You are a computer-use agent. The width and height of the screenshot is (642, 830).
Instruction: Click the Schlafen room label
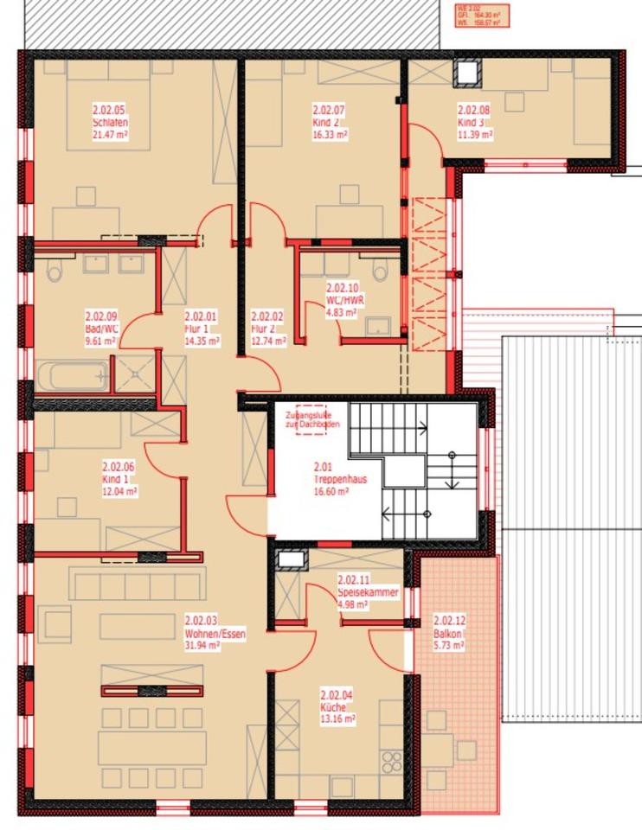[x=110, y=123]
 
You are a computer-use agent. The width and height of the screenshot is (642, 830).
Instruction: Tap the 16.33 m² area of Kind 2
[x=329, y=135]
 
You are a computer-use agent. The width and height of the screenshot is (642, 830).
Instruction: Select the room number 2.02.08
[x=473, y=110]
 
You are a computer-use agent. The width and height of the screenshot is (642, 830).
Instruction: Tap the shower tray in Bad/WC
[x=136, y=374]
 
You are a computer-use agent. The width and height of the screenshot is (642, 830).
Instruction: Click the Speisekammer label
[x=368, y=593]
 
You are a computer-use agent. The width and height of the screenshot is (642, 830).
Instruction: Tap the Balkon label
[x=448, y=633]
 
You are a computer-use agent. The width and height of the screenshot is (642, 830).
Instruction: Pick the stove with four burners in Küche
[x=392, y=761]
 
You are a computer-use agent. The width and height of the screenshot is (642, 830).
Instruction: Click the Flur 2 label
[x=263, y=329]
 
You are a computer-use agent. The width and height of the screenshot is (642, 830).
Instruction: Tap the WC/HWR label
[x=341, y=300]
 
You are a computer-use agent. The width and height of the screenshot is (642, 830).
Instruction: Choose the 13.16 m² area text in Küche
[x=337, y=718]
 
